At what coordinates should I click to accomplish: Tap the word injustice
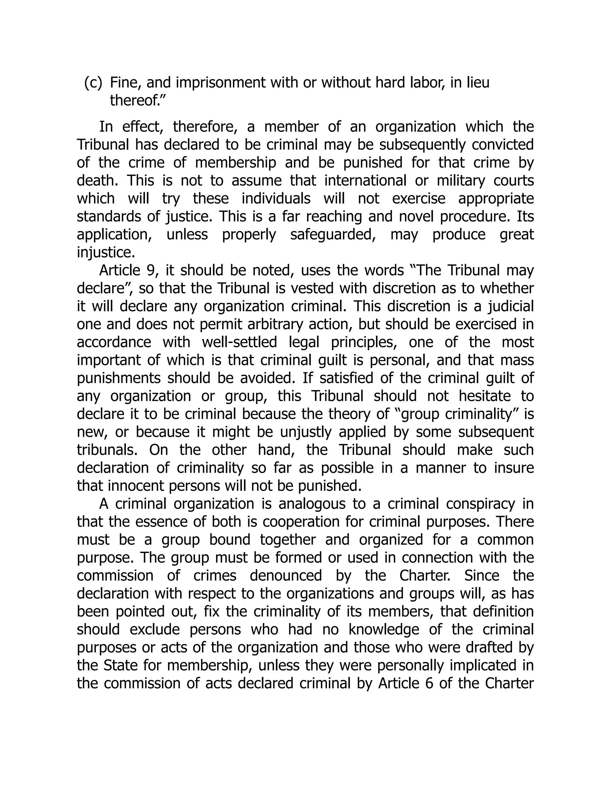coord(106,253)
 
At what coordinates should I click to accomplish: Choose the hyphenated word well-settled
coord(239,342)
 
